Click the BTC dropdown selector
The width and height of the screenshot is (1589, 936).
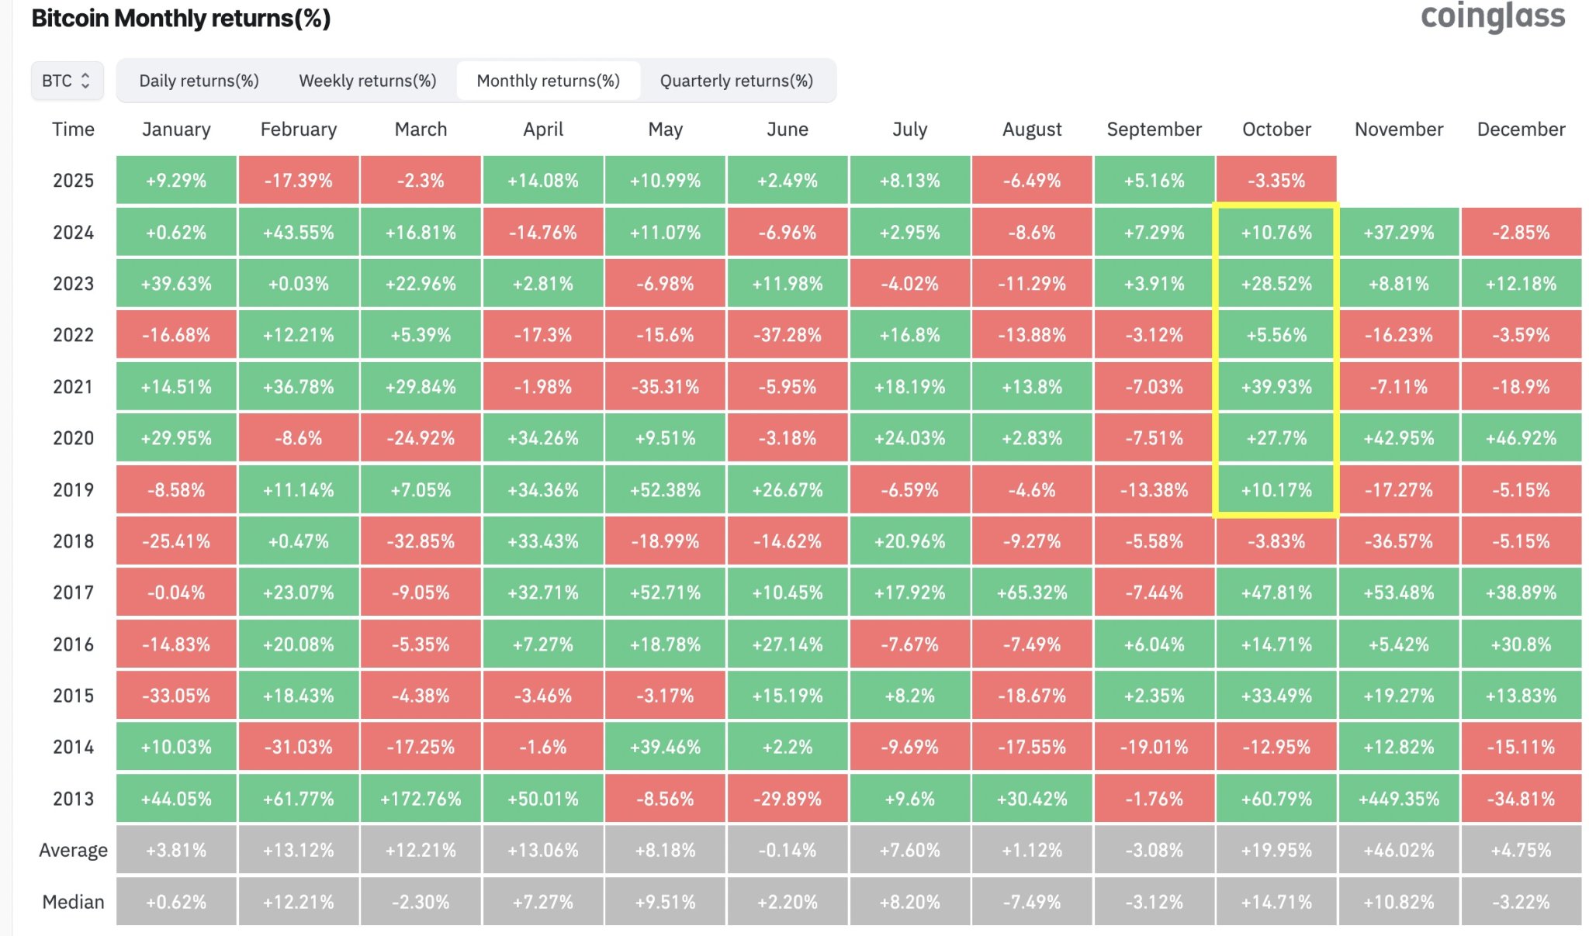67,81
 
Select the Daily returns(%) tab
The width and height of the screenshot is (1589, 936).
199,81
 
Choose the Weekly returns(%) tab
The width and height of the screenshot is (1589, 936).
368,81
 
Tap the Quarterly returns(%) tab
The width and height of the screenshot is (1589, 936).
736,81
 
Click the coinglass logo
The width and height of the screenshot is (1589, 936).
1492,17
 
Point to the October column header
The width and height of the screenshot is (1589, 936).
1276,130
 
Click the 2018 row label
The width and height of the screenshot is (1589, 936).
73,541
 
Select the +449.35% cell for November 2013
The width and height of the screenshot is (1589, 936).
1398,799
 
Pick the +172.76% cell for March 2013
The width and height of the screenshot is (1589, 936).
421,799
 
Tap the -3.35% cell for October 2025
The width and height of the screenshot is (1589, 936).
1276,181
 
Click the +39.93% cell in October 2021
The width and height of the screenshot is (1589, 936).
1276,387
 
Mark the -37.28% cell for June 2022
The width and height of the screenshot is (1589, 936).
788,335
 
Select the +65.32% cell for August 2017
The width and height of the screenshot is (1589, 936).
1032,592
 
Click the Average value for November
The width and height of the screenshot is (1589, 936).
1398,851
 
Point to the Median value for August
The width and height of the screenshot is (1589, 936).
1032,902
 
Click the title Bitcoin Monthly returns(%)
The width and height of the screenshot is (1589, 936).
181,19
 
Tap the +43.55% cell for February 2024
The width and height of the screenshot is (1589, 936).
299,233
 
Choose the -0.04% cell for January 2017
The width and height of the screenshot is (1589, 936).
176,592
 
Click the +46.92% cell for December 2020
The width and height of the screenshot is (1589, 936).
1521,438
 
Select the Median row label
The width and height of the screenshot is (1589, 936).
73,902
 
